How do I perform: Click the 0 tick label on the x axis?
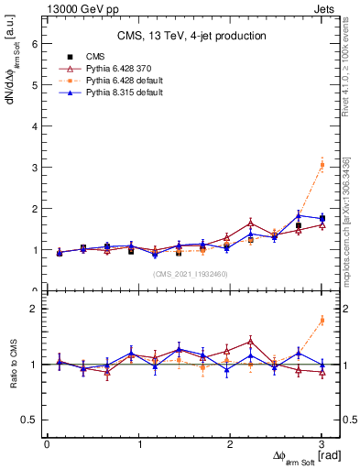47,443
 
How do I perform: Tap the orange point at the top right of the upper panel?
322,165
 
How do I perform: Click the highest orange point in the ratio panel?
322,320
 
